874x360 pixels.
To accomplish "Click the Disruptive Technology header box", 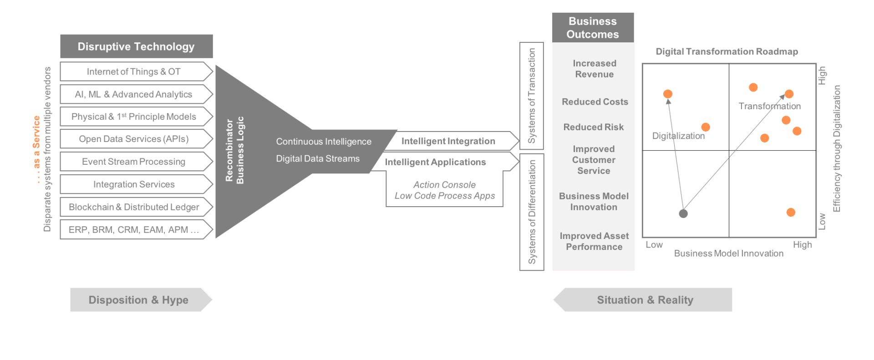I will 136,46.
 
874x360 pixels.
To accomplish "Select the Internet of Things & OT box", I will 134,71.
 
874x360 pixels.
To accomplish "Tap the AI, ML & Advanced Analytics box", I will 134,94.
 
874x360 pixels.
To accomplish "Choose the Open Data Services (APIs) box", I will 134,139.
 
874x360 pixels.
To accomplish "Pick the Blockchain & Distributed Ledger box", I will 134,207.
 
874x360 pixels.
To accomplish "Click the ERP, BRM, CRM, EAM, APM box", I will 134,230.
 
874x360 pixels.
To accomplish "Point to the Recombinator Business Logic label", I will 235,150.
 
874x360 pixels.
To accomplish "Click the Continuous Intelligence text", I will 324,142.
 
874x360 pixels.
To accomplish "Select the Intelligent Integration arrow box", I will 448,141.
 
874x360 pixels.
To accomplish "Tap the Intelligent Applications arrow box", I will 436,162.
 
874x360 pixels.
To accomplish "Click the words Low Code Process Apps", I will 445,196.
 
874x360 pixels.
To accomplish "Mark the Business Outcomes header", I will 593,28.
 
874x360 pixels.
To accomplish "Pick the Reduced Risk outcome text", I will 594,127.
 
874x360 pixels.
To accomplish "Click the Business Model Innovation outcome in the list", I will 594,202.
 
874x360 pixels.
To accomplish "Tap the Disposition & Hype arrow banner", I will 138,300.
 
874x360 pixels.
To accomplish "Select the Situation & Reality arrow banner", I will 645,300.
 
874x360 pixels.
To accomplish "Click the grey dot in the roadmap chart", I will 683,213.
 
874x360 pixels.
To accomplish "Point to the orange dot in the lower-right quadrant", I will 791,213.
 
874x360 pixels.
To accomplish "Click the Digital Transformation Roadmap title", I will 727,51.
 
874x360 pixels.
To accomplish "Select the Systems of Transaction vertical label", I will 532,96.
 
